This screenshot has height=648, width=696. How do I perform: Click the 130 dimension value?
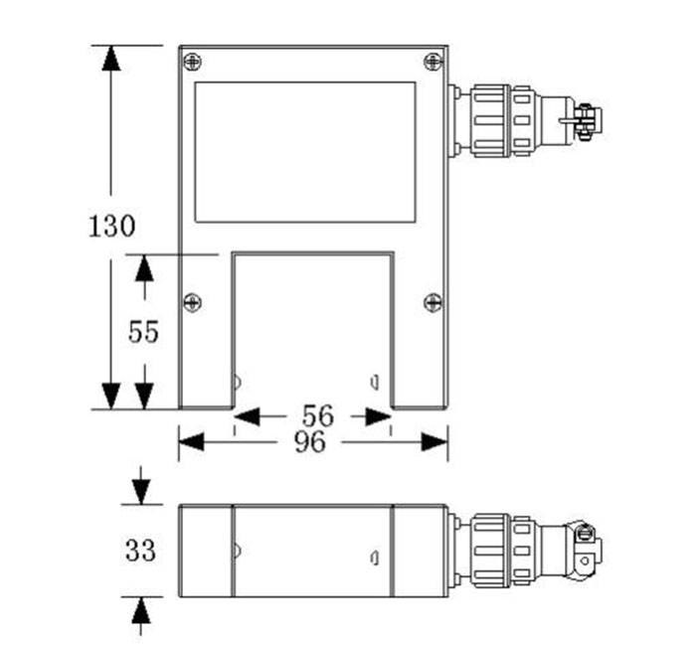tap(111, 226)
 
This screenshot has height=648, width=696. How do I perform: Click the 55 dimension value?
tap(143, 332)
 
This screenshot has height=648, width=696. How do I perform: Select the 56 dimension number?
tap(318, 415)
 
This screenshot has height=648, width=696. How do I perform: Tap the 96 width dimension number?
tap(310, 442)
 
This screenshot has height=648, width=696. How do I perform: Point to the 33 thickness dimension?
tap(141, 551)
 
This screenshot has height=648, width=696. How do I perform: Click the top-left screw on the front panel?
tap(192, 62)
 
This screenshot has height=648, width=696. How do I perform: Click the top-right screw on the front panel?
tap(434, 62)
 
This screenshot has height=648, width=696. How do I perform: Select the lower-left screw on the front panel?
tap(192, 303)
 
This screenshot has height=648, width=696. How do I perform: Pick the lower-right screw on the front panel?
tap(434, 303)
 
